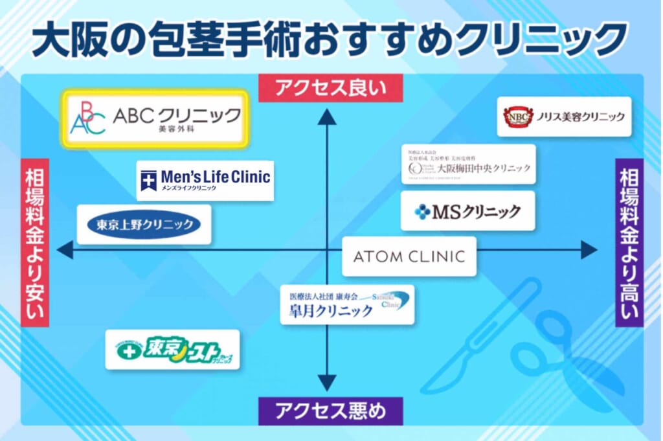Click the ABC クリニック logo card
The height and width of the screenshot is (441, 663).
155,119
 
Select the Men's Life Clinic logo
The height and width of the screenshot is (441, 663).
205,180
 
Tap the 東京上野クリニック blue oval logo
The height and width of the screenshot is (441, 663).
144,225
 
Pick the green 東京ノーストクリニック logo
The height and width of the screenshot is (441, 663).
172,350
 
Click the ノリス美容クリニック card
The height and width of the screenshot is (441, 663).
564,117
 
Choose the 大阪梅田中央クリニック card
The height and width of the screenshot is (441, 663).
469,164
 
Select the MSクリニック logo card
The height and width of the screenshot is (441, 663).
467,210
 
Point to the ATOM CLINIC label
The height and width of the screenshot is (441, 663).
409,256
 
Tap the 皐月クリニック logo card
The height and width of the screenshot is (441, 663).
347,304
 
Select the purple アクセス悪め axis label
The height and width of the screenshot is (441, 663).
330,411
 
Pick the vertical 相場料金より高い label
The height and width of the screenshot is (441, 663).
629,242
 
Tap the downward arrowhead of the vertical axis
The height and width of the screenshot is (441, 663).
327,382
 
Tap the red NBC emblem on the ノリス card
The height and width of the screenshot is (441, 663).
517,117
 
